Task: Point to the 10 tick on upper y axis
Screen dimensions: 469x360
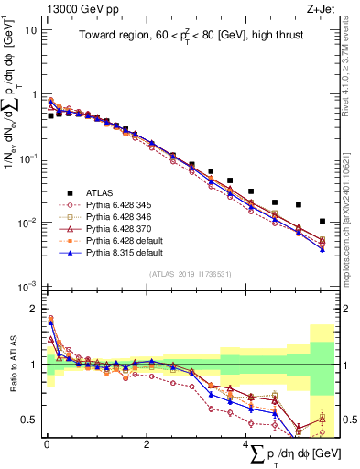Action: tap(30, 30)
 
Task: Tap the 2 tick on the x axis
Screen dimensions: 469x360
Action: tap(146, 444)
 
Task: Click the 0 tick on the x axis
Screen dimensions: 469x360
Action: tap(47, 444)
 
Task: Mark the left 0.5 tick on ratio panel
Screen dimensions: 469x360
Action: tap(28, 420)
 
